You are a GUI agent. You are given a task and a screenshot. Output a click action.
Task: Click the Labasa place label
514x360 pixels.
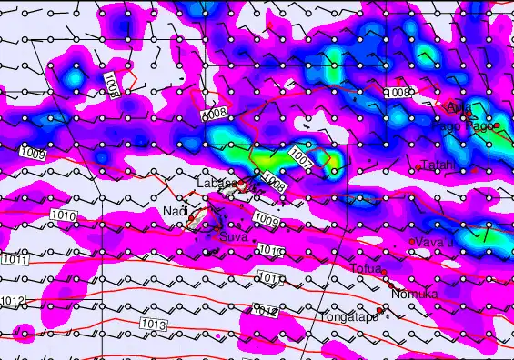(217, 184)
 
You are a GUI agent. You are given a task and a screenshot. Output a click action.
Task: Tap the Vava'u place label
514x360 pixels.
(436, 242)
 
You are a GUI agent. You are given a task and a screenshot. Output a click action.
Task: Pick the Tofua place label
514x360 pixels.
(366, 268)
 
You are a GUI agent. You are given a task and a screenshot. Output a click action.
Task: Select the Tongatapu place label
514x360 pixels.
(347, 317)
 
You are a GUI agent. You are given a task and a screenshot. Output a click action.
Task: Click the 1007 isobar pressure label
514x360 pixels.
(302, 156)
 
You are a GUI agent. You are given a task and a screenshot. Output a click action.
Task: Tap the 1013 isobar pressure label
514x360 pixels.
(154, 324)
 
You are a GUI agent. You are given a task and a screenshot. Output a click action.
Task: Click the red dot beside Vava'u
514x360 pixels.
(412, 242)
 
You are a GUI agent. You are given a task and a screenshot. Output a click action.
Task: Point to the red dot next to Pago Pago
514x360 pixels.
(497, 126)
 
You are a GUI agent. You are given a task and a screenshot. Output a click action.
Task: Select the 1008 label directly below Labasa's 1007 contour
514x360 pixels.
(275, 186)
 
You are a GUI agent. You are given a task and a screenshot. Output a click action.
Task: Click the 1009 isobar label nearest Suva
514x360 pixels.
(266, 219)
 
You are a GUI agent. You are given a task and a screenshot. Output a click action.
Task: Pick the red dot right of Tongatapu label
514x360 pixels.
(379, 311)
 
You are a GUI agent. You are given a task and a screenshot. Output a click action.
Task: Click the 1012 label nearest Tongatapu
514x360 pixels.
(265, 311)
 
